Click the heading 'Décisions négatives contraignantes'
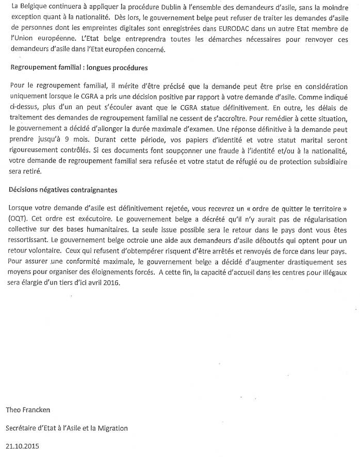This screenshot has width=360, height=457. pyautogui.click(x=63, y=190)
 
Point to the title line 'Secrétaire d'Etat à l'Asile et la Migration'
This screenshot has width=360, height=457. pyautogui.click(x=67, y=428)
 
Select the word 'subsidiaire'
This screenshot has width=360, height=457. pyautogui.click(x=328, y=161)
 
